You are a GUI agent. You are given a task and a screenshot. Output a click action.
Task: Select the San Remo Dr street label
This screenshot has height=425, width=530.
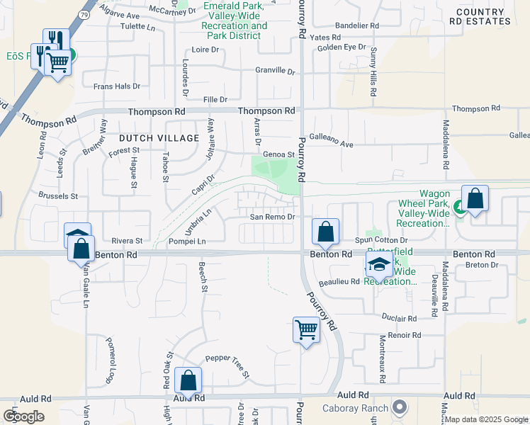pos(271,217)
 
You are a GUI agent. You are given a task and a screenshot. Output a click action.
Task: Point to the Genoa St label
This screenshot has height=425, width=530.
pos(278,154)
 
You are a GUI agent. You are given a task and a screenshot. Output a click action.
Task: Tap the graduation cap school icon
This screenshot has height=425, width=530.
pos(379,266)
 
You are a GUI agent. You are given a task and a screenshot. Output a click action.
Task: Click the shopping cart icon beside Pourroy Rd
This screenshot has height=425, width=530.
pos(306,329)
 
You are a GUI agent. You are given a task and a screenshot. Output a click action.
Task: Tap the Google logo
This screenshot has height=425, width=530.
pos(23,416)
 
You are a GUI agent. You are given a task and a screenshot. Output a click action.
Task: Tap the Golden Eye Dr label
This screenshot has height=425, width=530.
pos(342,47)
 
